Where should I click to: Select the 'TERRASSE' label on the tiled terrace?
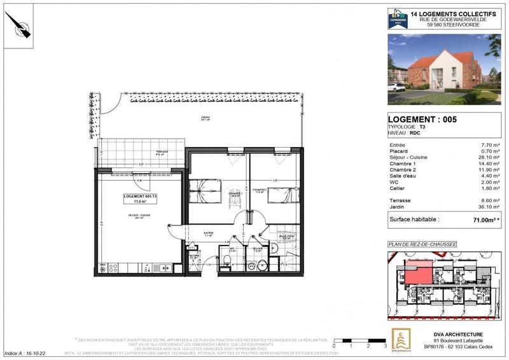tap(150, 144)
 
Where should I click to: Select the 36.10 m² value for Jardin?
tap(489, 206)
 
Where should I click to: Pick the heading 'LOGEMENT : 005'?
tap(422, 119)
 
